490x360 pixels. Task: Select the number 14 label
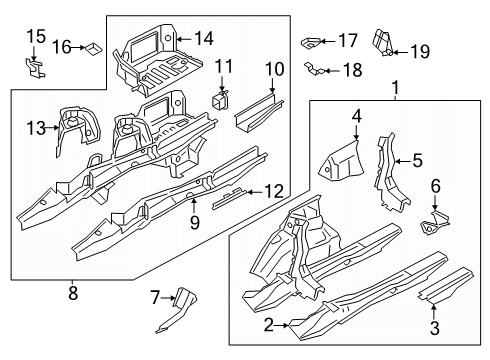[x=204, y=39]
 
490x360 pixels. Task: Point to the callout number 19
[x=420, y=50]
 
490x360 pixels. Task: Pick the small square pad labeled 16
[x=93, y=47]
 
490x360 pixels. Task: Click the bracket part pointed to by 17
[x=311, y=42]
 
